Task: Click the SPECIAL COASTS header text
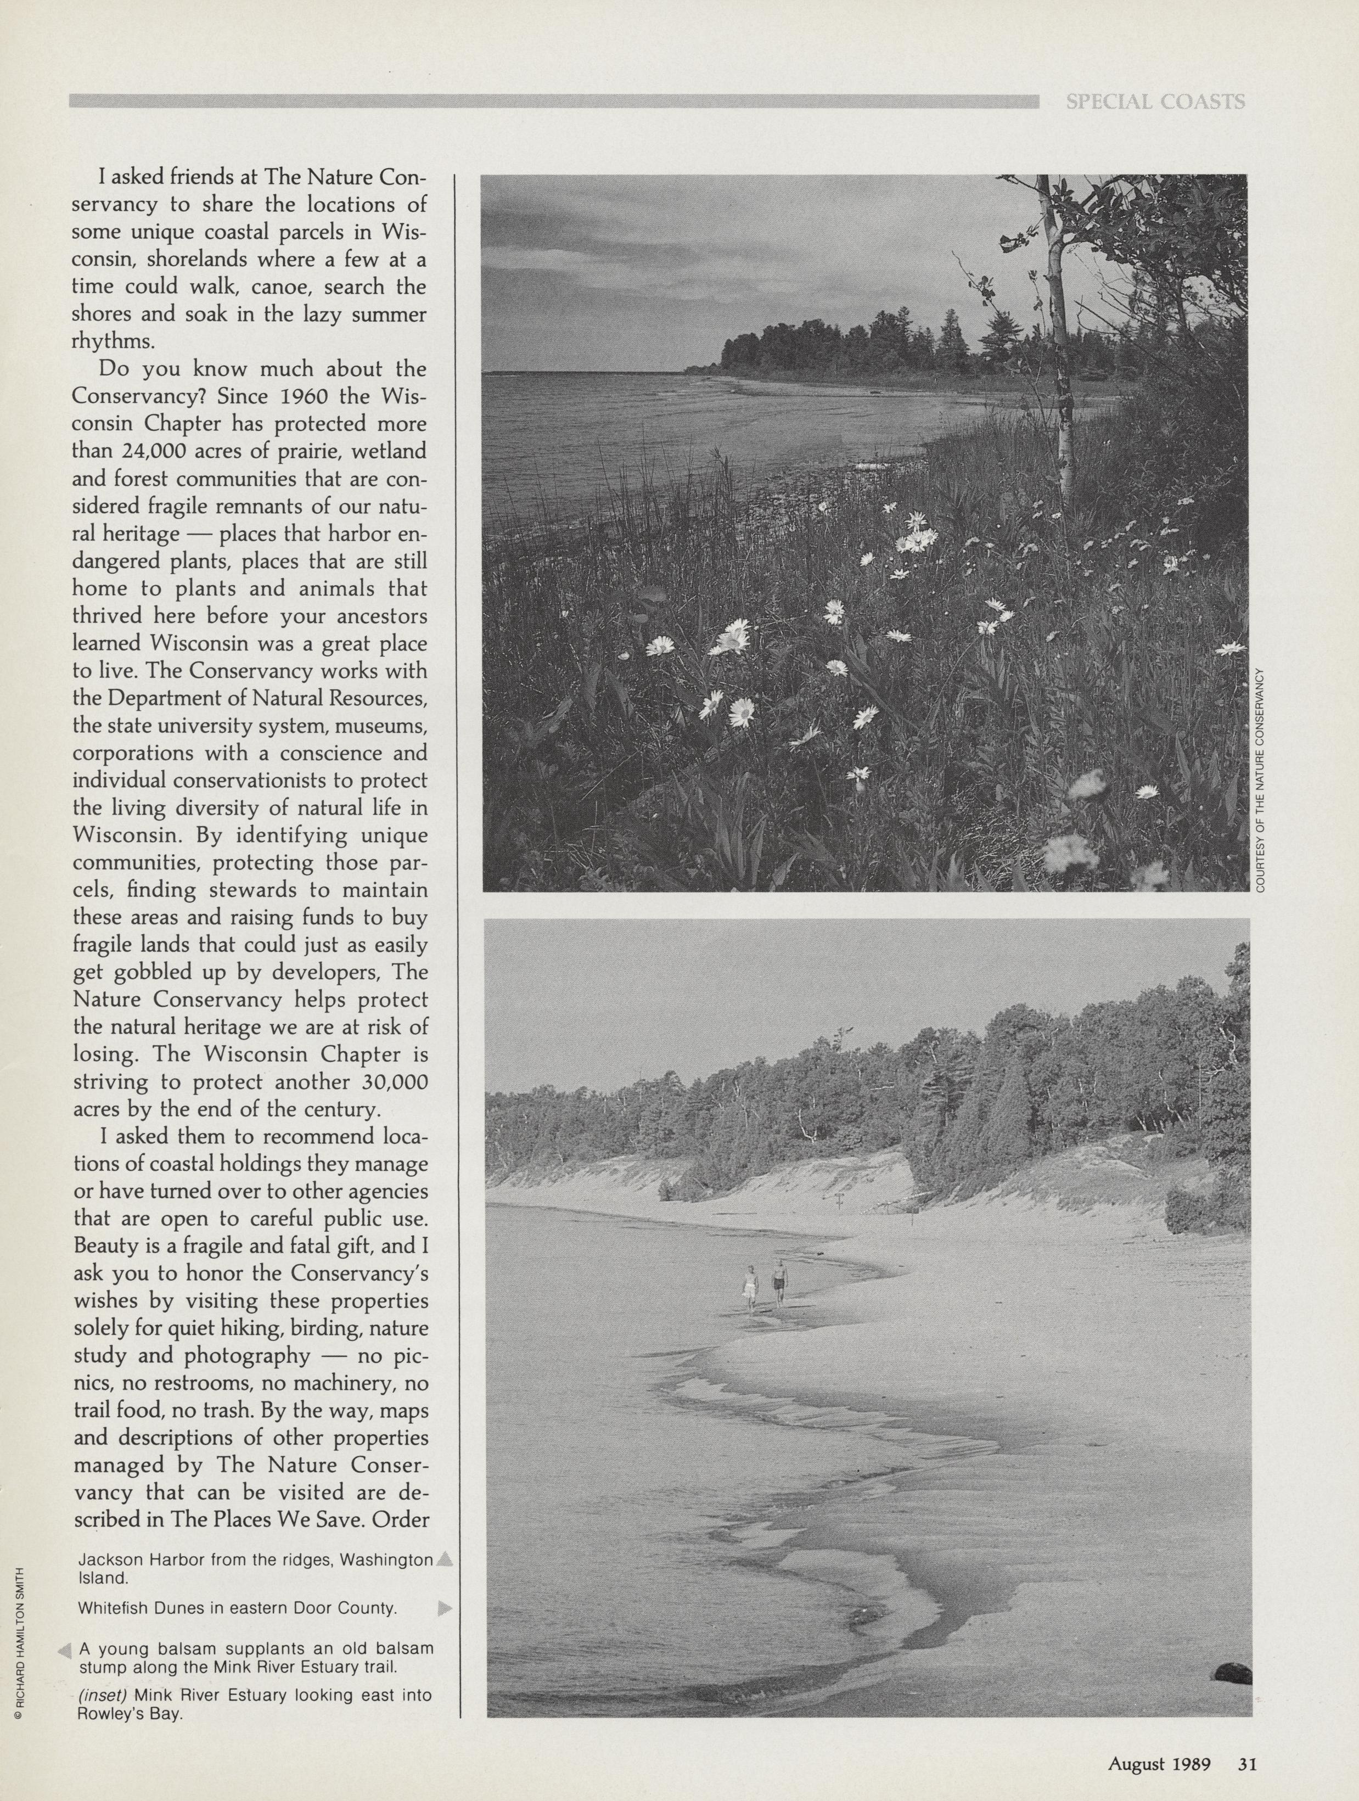point(1155,102)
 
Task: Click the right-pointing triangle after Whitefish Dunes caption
point(444,1609)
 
